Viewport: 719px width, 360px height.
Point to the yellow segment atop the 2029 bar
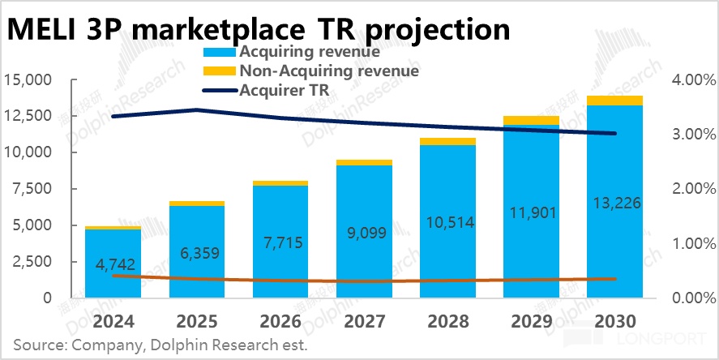click(531, 121)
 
